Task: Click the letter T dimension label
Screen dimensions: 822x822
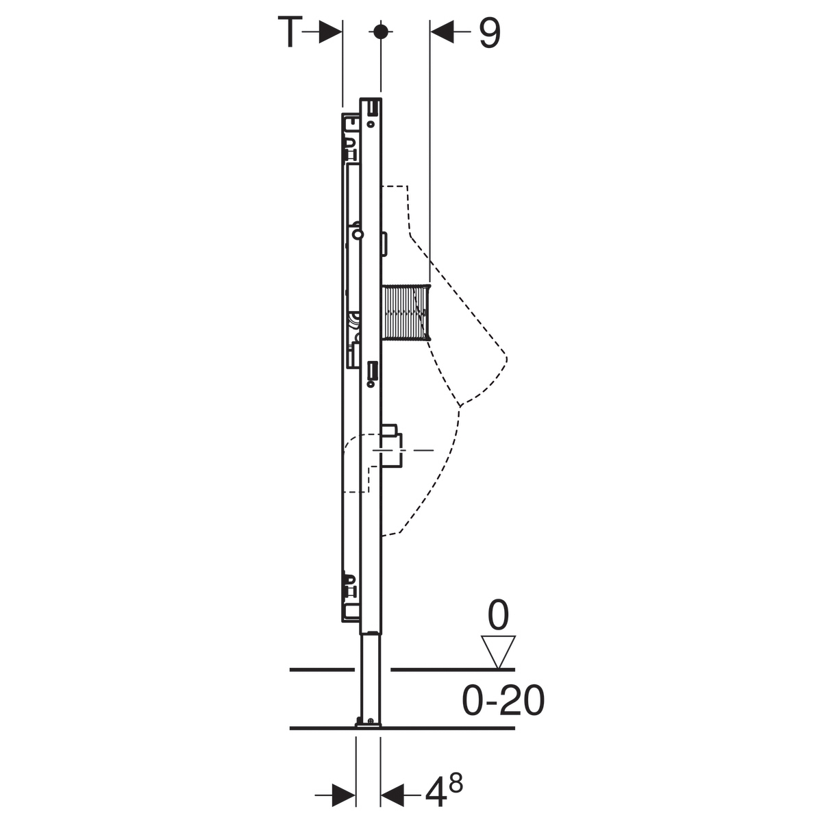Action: [x=290, y=32]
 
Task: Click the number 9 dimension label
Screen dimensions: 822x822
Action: [x=489, y=34]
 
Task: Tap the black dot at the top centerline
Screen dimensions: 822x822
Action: [x=380, y=32]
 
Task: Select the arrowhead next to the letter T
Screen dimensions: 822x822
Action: [x=331, y=32]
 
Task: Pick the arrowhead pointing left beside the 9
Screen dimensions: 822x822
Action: [x=442, y=32]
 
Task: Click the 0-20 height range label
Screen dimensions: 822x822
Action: [x=503, y=700]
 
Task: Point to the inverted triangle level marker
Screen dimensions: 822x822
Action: [x=498, y=651]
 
